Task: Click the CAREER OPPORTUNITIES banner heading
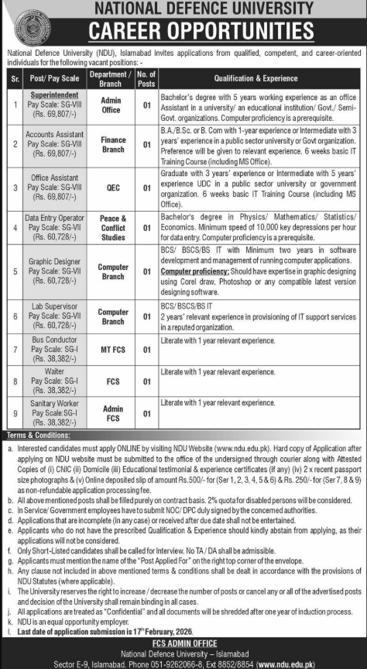[x=183, y=31]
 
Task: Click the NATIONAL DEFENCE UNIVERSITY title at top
[x=183, y=9]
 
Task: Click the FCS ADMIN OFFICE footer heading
[x=183, y=643]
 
